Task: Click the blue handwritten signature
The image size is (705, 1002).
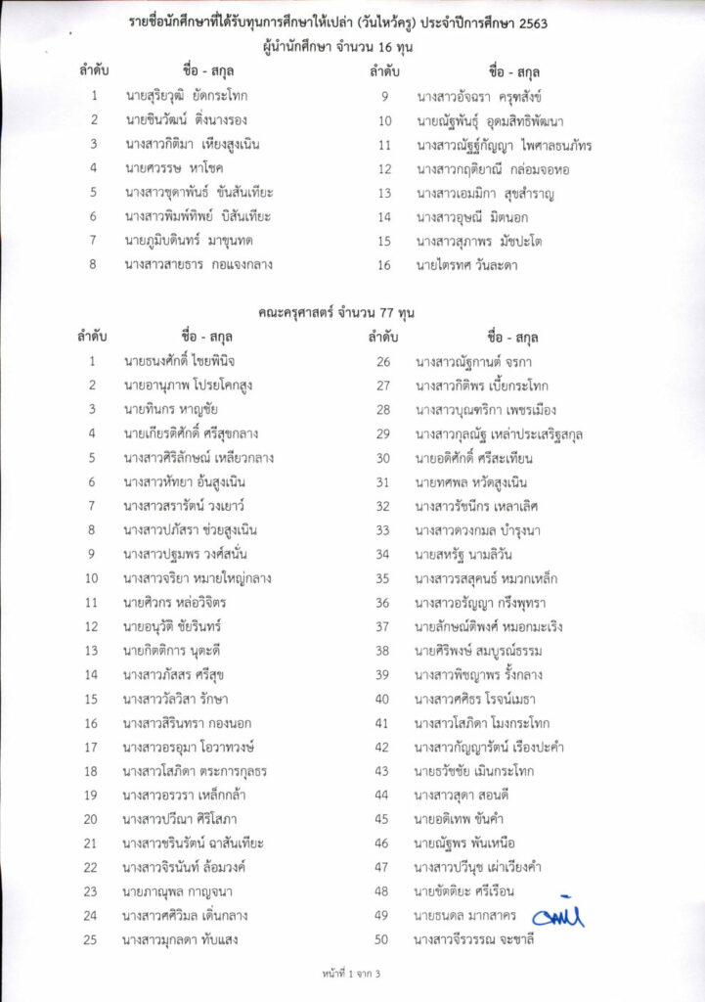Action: pyautogui.click(x=557, y=915)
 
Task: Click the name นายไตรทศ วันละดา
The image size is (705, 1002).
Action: pyautogui.click(x=466, y=264)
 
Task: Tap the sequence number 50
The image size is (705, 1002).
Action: pyautogui.click(x=382, y=939)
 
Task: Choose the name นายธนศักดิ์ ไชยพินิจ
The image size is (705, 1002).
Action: pyautogui.click(x=180, y=361)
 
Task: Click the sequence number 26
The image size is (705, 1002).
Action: pyautogui.click(x=382, y=361)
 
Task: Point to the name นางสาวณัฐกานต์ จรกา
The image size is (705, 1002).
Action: pyautogui.click(x=470, y=361)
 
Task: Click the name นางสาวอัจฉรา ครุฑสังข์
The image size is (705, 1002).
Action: pyautogui.click(x=479, y=96)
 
